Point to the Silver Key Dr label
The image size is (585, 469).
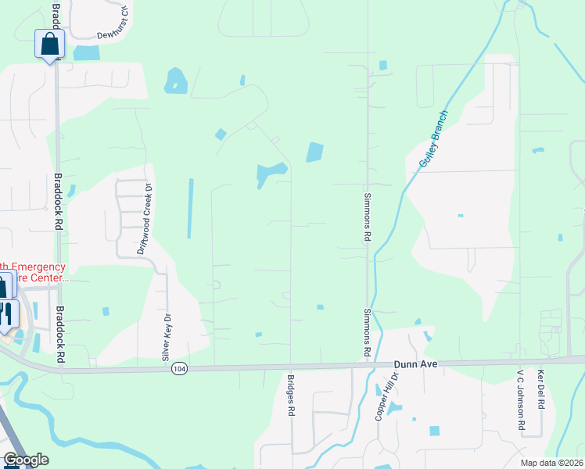[x=166, y=337]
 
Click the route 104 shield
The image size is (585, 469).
[x=180, y=367]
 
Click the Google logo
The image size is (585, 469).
[x=26, y=460]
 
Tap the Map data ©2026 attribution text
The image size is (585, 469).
[x=552, y=463]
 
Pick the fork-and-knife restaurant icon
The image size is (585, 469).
[x=6, y=313]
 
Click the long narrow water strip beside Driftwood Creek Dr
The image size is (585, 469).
[x=189, y=208]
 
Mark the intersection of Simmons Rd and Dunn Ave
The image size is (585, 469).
[x=368, y=363]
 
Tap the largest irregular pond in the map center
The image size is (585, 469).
[x=271, y=173]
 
